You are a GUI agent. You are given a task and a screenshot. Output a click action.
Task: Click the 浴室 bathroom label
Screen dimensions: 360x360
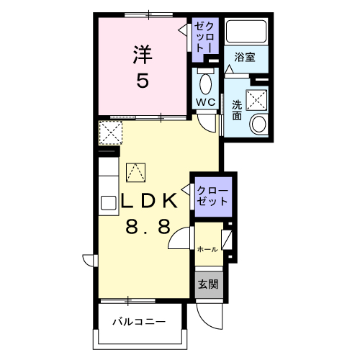pyautogui.click(x=245, y=58)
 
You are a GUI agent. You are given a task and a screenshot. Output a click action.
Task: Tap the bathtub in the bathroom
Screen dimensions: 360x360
pyautogui.click(x=246, y=32)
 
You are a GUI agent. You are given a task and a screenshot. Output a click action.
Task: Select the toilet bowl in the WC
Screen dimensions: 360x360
pyautogui.click(x=206, y=84)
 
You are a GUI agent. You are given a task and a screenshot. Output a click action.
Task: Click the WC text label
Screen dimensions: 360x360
pyautogui.click(x=206, y=102)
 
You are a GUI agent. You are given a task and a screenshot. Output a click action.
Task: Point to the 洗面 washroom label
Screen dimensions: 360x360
pyautogui.click(x=237, y=110)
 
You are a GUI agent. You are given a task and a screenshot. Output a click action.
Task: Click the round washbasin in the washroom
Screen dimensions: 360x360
pyautogui.click(x=258, y=124)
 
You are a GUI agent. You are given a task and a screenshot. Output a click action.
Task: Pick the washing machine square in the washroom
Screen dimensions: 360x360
pyautogui.click(x=256, y=100)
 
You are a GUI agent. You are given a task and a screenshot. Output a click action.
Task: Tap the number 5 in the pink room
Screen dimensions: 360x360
pyautogui.click(x=143, y=81)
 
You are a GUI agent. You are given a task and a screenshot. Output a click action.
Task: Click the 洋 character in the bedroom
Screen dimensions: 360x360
pyautogui.click(x=143, y=55)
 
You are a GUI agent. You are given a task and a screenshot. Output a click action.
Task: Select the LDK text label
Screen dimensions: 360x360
pyautogui.click(x=149, y=200)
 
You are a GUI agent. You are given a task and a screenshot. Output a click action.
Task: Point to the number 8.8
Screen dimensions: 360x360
pyautogui.click(x=148, y=227)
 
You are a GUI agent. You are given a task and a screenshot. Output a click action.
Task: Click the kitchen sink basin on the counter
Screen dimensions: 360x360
pyautogui.click(x=109, y=203)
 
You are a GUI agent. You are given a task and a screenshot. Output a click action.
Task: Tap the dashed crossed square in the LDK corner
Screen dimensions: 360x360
pyautogui.click(x=111, y=132)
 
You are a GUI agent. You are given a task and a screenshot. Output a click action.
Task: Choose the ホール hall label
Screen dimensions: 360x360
pyautogui.click(x=207, y=249)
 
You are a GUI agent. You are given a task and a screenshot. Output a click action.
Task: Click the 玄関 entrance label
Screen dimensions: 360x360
pyautogui.click(x=208, y=284)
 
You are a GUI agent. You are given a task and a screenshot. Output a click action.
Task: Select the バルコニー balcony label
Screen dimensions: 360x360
pyautogui.click(x=139, y=322)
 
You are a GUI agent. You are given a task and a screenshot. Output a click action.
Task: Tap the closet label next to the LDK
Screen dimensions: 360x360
pyautogui.click(x=212, y=197)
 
